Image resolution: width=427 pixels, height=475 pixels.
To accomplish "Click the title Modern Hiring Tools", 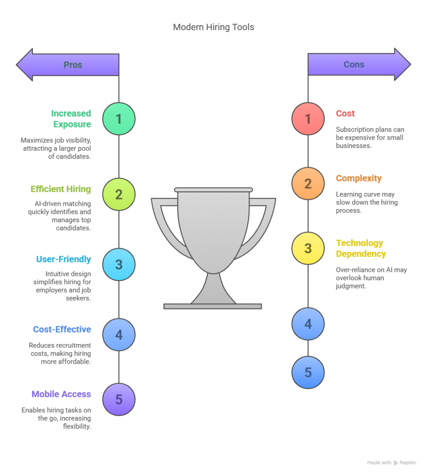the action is pyautogui.click(x=213, y=27).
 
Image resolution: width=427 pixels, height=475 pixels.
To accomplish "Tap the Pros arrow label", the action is pyautogui.click(x=73, y=65).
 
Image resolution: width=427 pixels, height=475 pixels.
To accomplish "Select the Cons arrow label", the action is pyautogui.click(x=354, y=64).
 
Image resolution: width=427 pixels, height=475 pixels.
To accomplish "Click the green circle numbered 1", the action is pyautogui.click(x=119, y=119).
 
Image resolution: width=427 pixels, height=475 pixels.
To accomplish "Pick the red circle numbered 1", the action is pyautogui.click(x=308, y=119).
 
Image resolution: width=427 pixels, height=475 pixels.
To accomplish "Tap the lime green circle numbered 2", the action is pyautogui.click(x=119, y=194).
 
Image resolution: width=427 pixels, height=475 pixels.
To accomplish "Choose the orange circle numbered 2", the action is pyautogui.click(x=308, y=184).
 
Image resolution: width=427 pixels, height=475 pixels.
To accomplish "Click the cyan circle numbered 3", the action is pyautogui.click(x=119, y=264).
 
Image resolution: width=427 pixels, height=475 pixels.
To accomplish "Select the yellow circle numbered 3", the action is pyautogui.click(x=308, y=249).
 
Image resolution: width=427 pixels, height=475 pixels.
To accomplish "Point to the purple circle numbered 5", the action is pyautogui.click(x=119, y=399).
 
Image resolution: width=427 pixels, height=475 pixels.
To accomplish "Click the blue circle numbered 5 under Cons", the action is pyautogui.click(x=308, y=372).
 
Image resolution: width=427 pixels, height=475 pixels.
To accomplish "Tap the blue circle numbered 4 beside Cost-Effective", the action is pyautogui.click(x=119, y=335).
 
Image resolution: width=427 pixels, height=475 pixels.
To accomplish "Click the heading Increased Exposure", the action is pyautogui.click(x=71, y=119).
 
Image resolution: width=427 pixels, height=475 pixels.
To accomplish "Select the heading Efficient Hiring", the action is pyautogui.click(x=61, y=189).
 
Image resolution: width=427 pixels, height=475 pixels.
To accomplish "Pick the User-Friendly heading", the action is pyautogui.click(x=64, y=259).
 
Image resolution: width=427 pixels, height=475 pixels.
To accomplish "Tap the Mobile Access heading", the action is pyautogui.click(x=61, y=394).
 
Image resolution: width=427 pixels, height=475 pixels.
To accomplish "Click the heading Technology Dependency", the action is pyautogui.click(x=361, y=249).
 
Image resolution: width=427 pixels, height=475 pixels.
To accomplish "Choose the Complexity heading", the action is pyautogui.click(x=359, y=178).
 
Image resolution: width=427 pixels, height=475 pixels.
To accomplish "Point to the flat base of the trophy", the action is pyautogui.click(x=213, y=306).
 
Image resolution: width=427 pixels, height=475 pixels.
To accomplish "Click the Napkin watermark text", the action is pyautogui.click(x=407, y=462).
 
